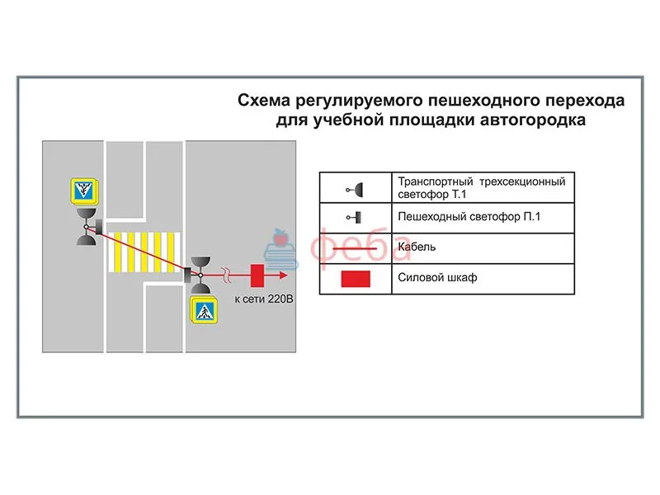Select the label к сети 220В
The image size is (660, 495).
click(262, 298)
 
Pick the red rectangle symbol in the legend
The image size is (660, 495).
click(356, 279)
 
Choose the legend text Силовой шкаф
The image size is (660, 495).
click(437, 278)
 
